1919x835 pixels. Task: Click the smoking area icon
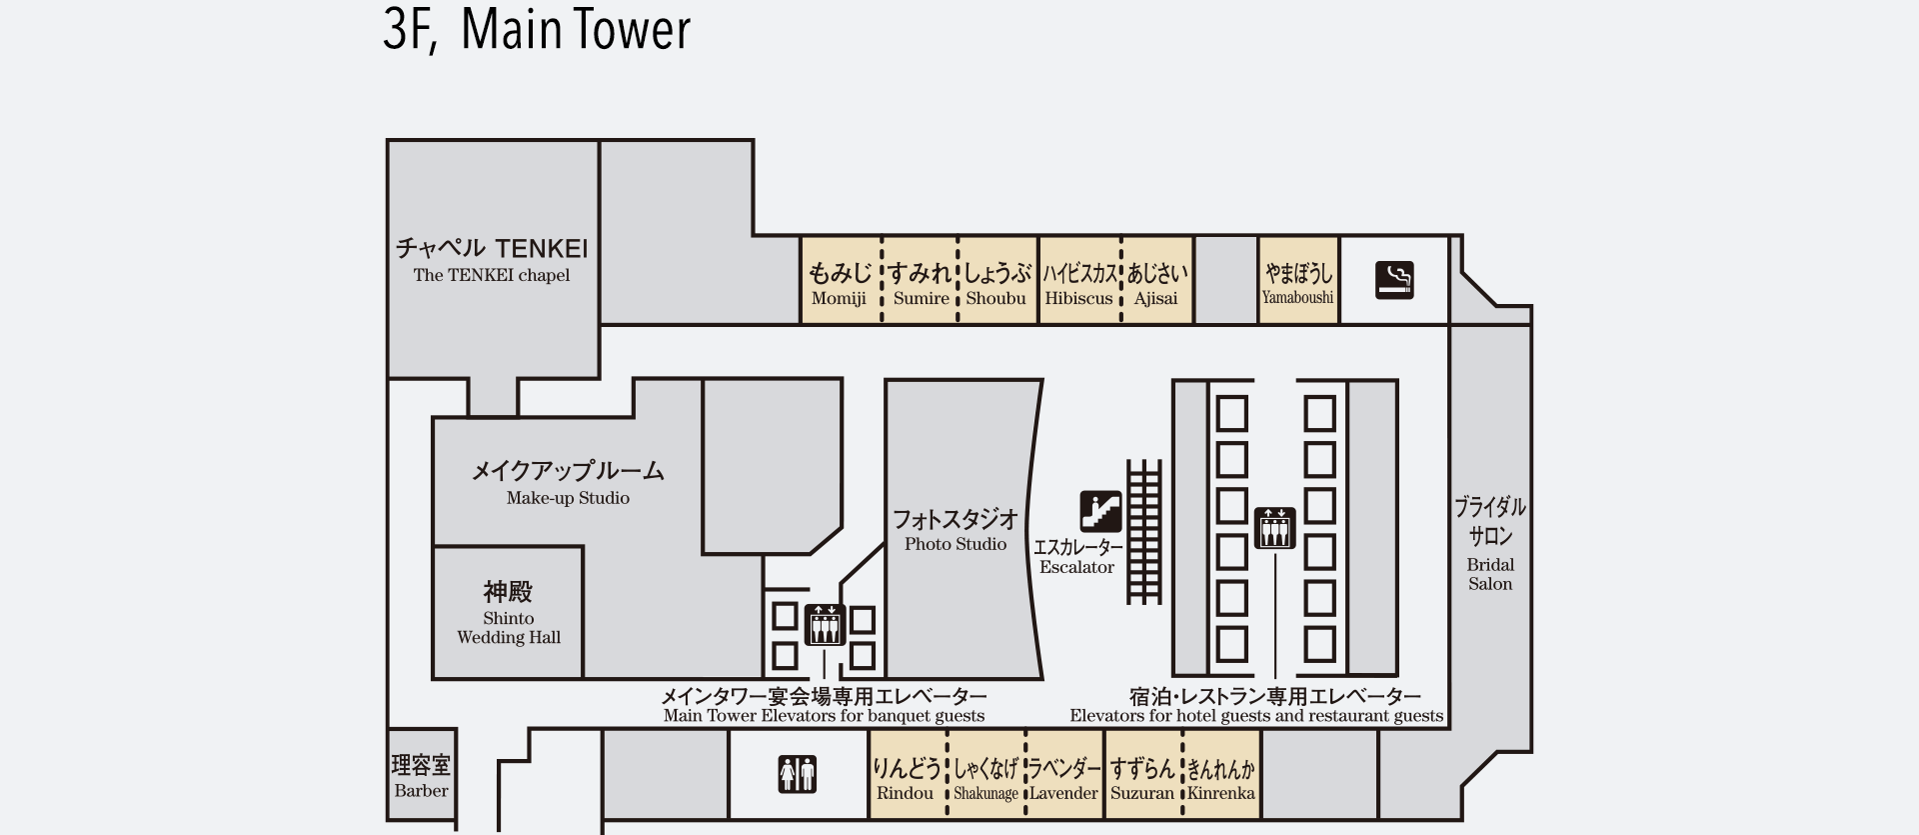click(x=1394, y=280)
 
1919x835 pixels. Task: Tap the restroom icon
click(x=797, y=774)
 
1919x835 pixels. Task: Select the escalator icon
click(x=1100, y=511)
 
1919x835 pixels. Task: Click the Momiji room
click(x=840, y=282)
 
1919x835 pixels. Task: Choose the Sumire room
click(x=920, y=282)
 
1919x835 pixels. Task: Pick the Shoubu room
click(x=997, y=282)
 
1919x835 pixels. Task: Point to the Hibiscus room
click(x=1079, y=282)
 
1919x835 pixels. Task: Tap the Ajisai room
click(x=1157, y=282)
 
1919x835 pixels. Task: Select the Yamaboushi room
click(x=1297, y=282)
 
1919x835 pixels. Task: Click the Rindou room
click(x=906, y=777)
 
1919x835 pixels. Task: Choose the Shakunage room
click(x=985, y=777)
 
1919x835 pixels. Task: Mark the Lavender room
click(x=1064, y=777)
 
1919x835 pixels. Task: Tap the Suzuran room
click(x=1142, y=777)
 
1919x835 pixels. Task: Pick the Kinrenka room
click(x=1221, y=777)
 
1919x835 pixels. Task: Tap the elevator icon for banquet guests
click(x=825, y=625)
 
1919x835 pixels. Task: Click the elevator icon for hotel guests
click(x=1274, y=528)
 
